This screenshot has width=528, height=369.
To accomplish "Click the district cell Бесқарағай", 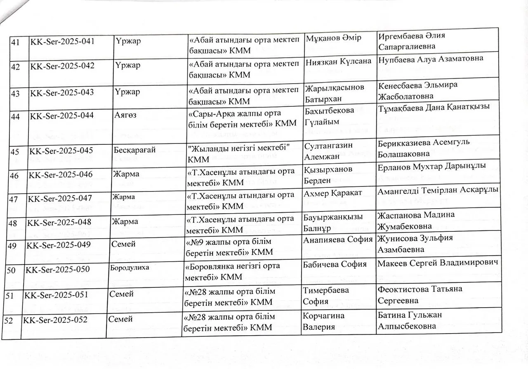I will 134,150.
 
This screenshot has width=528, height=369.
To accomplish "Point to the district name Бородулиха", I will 130,267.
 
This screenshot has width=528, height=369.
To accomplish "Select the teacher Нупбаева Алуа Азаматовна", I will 430,59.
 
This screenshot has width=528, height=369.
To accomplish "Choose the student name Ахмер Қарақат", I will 332,194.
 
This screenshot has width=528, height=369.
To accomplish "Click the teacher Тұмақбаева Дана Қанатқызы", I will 434,107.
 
